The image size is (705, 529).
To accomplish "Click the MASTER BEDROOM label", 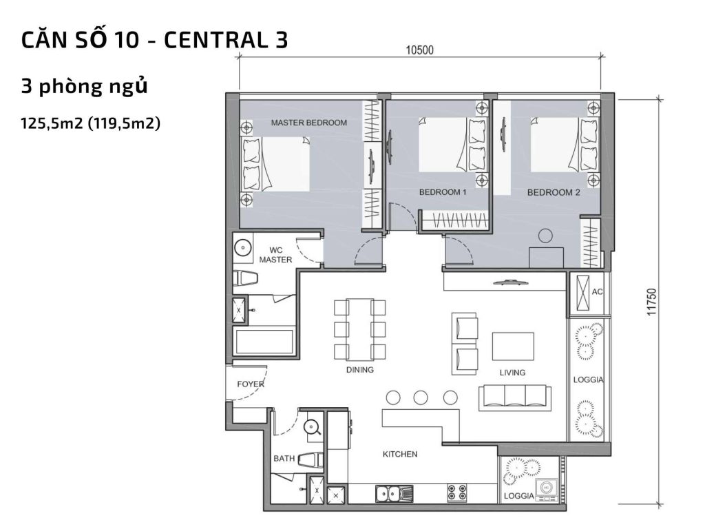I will coord(308,123).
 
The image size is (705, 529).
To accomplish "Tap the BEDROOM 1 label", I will coord(443,193).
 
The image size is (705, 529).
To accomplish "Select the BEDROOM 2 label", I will coord(554,193).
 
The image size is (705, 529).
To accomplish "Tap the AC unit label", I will coord(598,292).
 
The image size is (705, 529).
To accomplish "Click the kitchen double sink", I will coord(394,493).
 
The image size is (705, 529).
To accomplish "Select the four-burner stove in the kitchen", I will coord(457,493).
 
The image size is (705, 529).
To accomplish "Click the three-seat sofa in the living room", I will coord(515,397).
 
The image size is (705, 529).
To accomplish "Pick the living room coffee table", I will coord(513,346).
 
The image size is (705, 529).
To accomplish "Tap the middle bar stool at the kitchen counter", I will coord(421,397).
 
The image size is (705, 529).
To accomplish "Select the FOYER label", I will coord(250,384).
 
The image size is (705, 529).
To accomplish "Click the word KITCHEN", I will coord(400,454).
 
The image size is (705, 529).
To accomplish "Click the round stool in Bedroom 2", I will coord(546,236).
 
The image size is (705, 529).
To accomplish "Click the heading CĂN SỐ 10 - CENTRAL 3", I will coord(154,40).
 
